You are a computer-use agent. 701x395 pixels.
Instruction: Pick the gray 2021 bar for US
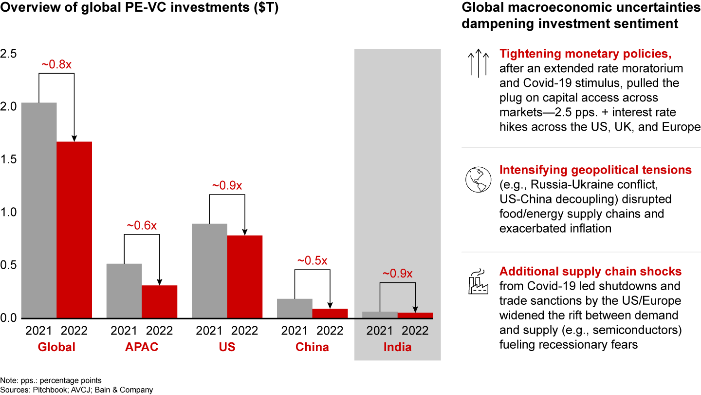coord(209,271)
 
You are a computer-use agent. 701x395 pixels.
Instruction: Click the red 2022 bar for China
coord(330,313)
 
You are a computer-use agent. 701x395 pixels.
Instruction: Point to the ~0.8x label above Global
coord(57,65)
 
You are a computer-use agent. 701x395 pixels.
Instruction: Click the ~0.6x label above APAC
coord(142,226)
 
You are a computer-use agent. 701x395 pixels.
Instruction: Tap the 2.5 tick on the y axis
coord(9,54)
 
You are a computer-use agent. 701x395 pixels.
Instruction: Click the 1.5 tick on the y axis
coord(9,159)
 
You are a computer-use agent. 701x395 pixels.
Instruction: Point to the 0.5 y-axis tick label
coord(9,265)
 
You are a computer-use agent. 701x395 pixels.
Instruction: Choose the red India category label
coord(397,347)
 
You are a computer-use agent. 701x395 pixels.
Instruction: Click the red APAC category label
coord(142,347)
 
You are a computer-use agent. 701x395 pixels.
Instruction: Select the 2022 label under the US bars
coord(245,331)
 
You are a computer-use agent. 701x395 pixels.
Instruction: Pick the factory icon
coord(478,282)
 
